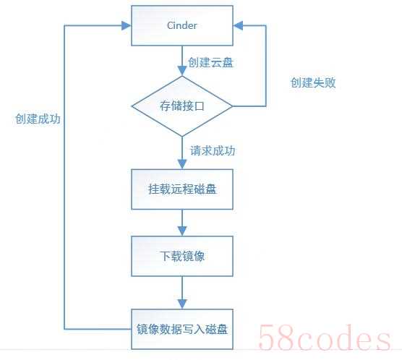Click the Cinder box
click(x=182, y=25)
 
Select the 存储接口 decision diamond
click(x=182, y=106)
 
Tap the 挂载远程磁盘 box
click(x=182, y=189)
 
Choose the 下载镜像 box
click(x=182, y=256)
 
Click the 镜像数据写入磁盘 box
click(x=182, y=329)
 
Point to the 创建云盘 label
click(x=210, y=63)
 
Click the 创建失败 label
click(x=313, y=82)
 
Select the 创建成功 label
click(x=38, y=119)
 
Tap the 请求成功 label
click(x=213, y=150)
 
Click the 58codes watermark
click(x=325, y=337)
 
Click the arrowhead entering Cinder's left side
click(x=126, y=25)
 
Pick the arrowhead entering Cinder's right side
click(x=238, y=25)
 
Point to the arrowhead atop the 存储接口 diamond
click(x=182, y=71)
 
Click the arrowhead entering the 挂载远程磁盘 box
click(x=182, y=164)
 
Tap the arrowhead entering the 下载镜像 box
click(x=182, y=231)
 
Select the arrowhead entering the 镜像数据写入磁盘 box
click(x=182, y=304)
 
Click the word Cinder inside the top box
click(x=182, y=25)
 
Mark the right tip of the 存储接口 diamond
click(x=233, y=106)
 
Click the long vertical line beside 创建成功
click(x=64, y=177)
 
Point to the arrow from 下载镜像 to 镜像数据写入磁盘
click(x=182, y=293)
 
